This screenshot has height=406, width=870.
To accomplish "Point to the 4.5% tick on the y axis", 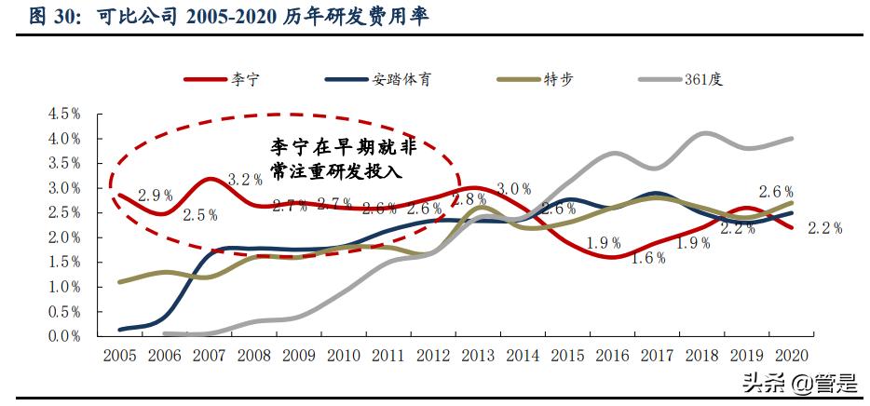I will click(64, 114).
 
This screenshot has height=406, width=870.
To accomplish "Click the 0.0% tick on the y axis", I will click(64, 336).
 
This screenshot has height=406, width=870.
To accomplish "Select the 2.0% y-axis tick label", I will click(64, 237).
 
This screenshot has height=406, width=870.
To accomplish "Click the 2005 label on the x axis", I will click(119, 356).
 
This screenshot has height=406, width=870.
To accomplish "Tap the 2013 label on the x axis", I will click(477, 356).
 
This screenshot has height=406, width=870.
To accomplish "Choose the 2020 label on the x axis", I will click(790, 356).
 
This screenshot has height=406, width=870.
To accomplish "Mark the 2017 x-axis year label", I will click(656, 356).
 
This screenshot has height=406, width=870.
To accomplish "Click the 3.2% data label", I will click(245, 180).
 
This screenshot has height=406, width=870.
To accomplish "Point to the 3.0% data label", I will click(513, 190).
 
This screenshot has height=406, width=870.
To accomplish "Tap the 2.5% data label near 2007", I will click(200, 215).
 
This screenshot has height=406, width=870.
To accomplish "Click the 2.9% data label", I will click(156, 196).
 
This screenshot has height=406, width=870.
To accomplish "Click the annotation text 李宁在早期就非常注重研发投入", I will click(343, 159).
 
